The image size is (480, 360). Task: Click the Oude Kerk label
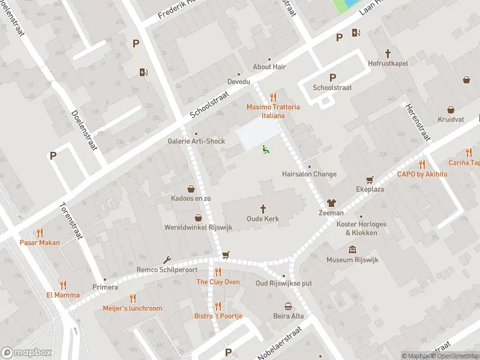(x=263, y=219)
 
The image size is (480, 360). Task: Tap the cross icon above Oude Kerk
(x=263, y=208)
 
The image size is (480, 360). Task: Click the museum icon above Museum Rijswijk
(x=352, y=250)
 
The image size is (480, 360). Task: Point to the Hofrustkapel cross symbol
(x=388, y=53)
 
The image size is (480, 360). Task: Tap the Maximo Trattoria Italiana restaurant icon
(x=273, y=97)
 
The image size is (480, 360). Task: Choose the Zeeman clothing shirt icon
(x=331, y=203)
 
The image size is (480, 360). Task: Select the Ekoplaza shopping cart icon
(x=370, y=179)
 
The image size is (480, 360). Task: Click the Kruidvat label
(x=451, y=119)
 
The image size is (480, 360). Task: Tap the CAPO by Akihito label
(x=422, y=174)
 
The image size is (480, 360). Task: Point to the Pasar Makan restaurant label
(x=40, y=242)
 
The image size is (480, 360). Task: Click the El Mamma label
(x=62, y=295)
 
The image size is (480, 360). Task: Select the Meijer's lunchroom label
(x=133, y=308)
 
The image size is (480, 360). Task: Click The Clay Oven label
(x=218, y=282)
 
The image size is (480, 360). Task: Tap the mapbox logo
(x=26, y=353)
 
